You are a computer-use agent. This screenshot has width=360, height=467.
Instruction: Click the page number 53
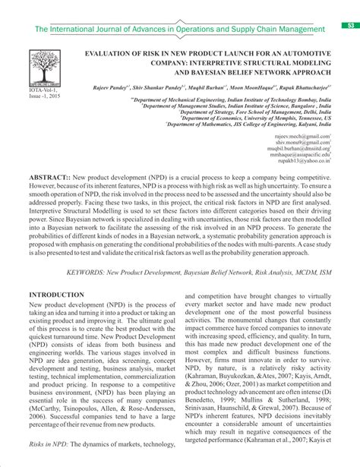pos(351,26)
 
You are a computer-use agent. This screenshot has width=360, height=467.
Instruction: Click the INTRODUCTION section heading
pos(56,295)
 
